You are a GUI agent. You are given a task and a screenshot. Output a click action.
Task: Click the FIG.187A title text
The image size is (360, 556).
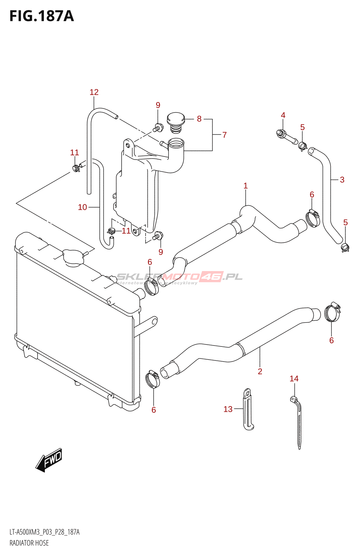42,16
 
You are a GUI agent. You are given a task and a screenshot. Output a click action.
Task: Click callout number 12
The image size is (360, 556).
94,92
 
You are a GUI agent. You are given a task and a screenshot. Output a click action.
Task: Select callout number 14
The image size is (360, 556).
294,379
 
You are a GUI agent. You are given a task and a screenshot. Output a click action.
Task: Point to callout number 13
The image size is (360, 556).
228,409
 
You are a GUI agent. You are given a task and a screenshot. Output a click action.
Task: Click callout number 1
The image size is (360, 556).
246,186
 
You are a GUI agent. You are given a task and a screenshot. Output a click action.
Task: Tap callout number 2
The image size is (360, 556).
260,371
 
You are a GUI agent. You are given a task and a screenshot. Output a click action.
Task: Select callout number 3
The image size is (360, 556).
342,180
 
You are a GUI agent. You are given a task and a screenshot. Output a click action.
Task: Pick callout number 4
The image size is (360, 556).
283,115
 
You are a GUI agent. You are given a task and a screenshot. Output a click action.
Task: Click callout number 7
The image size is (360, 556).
225,135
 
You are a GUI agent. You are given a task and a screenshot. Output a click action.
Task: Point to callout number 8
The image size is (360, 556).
199,119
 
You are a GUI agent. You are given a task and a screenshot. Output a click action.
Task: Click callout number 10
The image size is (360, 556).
82,207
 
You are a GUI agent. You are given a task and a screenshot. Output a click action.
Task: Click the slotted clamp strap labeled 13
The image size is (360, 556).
248,410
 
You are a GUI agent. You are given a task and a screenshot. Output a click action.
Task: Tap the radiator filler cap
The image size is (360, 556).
73,257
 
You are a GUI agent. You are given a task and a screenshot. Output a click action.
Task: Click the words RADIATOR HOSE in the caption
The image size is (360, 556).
29,543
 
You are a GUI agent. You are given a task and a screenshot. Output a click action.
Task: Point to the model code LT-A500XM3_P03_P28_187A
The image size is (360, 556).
44,532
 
